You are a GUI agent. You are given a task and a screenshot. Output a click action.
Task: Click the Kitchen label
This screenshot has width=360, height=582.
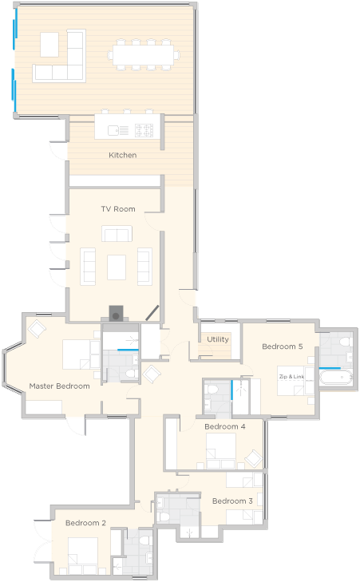point(122,155)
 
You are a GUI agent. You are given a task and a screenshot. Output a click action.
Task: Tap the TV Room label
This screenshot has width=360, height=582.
point(118,209)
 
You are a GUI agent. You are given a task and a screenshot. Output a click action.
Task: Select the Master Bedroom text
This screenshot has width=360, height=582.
point(59,386)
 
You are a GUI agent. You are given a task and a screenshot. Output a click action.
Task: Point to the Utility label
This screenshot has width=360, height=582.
point(218,339)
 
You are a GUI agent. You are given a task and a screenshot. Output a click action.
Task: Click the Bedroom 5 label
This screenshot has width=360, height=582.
point(283,346)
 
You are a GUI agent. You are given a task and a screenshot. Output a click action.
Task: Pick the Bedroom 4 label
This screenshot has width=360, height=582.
point(225,426)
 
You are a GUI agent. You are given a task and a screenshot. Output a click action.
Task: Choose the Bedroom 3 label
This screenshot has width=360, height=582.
point(232,501)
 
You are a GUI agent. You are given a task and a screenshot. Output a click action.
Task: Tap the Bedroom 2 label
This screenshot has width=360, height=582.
point(85,523)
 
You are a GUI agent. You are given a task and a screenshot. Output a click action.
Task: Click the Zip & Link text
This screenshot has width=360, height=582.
point(291,376)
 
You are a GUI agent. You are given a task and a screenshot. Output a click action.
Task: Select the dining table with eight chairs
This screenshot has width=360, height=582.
point(143,54)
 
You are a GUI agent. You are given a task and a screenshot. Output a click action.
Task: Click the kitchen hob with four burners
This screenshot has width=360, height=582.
point(144,130)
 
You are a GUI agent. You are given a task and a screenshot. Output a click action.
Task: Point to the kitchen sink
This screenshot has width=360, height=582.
point(118,130)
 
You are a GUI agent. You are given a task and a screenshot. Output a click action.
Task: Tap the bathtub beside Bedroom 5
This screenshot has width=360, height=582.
point(336,378)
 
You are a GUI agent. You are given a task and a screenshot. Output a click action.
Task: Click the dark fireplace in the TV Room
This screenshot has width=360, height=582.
point(117,314)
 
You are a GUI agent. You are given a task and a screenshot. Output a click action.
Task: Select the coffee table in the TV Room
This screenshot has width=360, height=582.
point(117,267)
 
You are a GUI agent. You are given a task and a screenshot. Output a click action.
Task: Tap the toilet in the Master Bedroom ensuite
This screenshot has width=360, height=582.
point(131,373)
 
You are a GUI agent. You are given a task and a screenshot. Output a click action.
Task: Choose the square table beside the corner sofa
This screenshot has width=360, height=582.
point(49,45)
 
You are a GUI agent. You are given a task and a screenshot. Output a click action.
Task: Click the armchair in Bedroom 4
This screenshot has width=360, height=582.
point(254,458)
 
